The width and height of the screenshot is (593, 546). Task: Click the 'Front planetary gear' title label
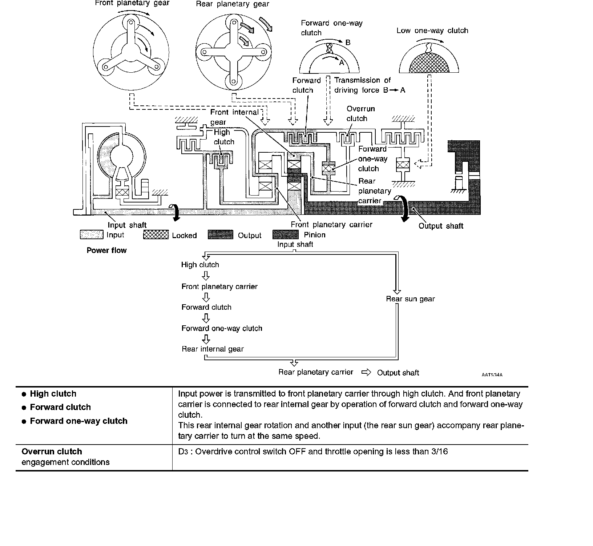[132, 3]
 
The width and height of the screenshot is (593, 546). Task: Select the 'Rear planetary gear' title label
[233, 4]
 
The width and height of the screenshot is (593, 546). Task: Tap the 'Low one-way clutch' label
[432, 31]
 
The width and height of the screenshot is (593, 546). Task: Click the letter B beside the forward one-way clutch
[348, 43]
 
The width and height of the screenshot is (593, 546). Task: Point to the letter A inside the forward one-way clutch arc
[341, 63]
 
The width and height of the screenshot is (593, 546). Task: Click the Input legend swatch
[92, 235]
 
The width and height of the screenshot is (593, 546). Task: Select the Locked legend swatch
[156, 235]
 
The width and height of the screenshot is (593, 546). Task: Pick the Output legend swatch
[221, 235]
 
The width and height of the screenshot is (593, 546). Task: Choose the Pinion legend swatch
[285, 235]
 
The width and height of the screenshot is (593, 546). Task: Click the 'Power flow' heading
[106, 250]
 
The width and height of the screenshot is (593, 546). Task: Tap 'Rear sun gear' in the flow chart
[410, 299]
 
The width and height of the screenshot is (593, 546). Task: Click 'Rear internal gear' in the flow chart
[213, 349]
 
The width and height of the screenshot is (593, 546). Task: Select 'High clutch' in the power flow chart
[200, 265]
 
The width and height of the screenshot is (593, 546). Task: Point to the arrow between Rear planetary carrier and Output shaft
[366, 372]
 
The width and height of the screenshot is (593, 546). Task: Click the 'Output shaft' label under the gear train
[441, 226]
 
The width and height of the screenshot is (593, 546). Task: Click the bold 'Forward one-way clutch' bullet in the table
[78, 421]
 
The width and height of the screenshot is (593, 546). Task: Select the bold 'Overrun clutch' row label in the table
[52, 451]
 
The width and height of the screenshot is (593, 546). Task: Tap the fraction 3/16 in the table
[440, 451]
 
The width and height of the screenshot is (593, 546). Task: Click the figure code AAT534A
[492, 375]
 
